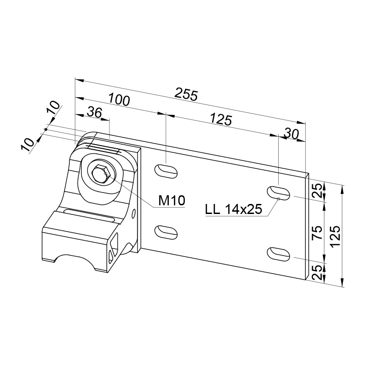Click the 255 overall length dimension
(186, 94)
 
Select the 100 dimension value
(119, 99)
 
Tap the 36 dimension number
(95, 112)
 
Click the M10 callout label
(172, 200)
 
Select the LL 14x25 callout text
(234, 209)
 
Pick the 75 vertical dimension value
(317, 232)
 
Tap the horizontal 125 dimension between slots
(221, 120)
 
